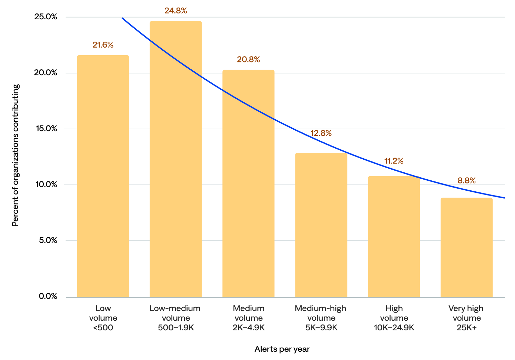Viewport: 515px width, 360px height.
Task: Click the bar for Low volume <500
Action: tap(103, 176)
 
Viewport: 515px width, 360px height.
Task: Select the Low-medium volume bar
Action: tap(175, 159)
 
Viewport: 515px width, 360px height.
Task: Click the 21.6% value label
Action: tap(103, 45)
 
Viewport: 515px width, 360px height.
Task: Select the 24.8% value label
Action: tap(175, 11)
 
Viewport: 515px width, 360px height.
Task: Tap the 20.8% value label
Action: tap(248, 60)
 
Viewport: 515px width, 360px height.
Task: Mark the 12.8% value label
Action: tap(321, 133)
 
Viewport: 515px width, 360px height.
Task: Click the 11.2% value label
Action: tap(394, 161)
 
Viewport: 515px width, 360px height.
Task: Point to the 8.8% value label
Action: tap(466, 180)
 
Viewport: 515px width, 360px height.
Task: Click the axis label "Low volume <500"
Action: tap(103, 318)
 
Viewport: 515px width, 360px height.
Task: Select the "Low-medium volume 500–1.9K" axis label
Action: tap(175, 318)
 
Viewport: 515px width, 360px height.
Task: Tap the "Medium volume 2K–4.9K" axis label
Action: tap(248, 318)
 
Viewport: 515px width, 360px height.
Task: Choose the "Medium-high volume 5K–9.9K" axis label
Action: tap(321, 318)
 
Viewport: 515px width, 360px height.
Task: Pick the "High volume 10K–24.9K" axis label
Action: tap(394, 318)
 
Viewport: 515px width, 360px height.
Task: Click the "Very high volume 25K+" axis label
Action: tap(466, 318)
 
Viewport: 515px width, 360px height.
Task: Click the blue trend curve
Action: tap(293, 129)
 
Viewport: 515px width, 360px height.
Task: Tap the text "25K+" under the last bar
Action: tap(466, 328)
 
